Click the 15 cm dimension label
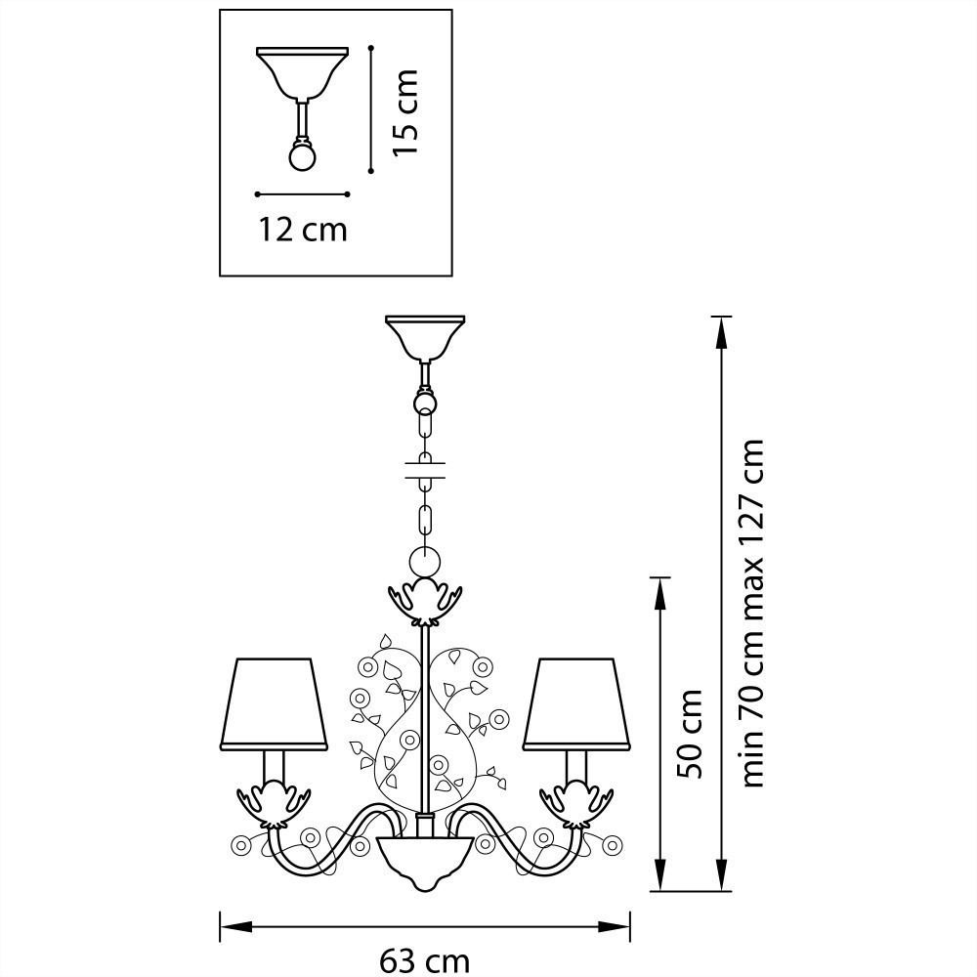[404, 112]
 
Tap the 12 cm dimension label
[303, 230]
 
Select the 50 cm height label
[690, 734]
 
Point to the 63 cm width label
[425, 960]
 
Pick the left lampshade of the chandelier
[274, 703]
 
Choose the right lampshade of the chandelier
[577, 703]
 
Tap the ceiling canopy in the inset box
[303, 73]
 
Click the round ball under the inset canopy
[303, 156]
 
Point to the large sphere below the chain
[424, 563]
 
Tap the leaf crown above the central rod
[425, 603]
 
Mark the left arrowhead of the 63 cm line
[236, 927]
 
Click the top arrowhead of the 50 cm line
[659, 593]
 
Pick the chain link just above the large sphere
[426, 520]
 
